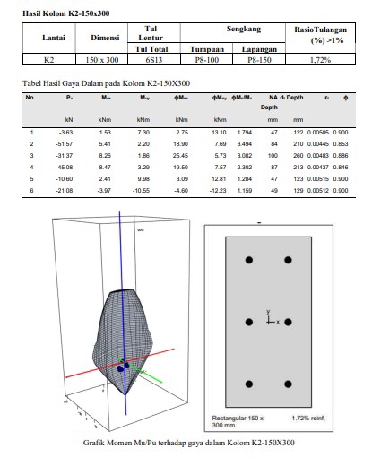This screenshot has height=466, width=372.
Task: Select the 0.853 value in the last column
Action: pos(341,143)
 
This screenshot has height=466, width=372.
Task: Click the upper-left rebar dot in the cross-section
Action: pos(249,259)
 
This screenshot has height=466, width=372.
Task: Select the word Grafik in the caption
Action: pos(95,443)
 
